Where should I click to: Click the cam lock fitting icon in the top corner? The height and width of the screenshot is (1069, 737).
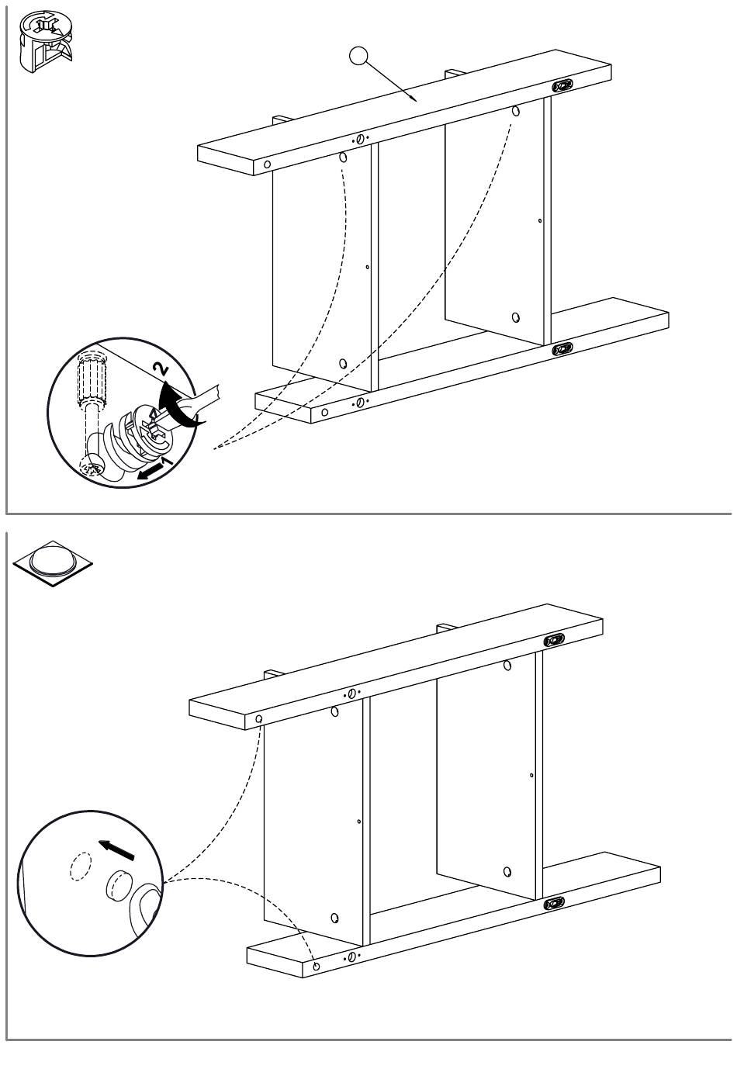coord(45,42)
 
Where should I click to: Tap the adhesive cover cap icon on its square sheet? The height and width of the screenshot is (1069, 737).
coord(53,563)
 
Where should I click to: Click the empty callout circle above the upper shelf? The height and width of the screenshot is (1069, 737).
coord(358,56)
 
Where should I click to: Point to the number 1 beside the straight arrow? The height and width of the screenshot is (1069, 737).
coord(167,462)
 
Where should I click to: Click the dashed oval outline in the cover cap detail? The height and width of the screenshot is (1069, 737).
coord(80,866)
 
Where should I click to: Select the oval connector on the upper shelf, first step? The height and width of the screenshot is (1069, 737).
coord(562,86)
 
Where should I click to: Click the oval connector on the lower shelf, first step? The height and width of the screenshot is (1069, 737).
coord(562,349)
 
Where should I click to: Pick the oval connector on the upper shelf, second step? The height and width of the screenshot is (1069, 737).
coord(554,639)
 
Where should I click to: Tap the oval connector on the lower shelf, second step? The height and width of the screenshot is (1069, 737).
coord(554,903)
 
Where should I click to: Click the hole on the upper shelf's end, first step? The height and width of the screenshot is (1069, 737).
coord(267,164)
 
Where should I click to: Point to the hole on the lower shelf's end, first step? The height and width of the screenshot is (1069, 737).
coord(324,413)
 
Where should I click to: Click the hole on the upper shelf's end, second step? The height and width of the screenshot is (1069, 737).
coord(259,718)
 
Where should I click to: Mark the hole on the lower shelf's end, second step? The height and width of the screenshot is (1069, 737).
coord(316,967)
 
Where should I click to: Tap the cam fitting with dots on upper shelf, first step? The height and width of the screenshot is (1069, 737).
coord(361,140)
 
